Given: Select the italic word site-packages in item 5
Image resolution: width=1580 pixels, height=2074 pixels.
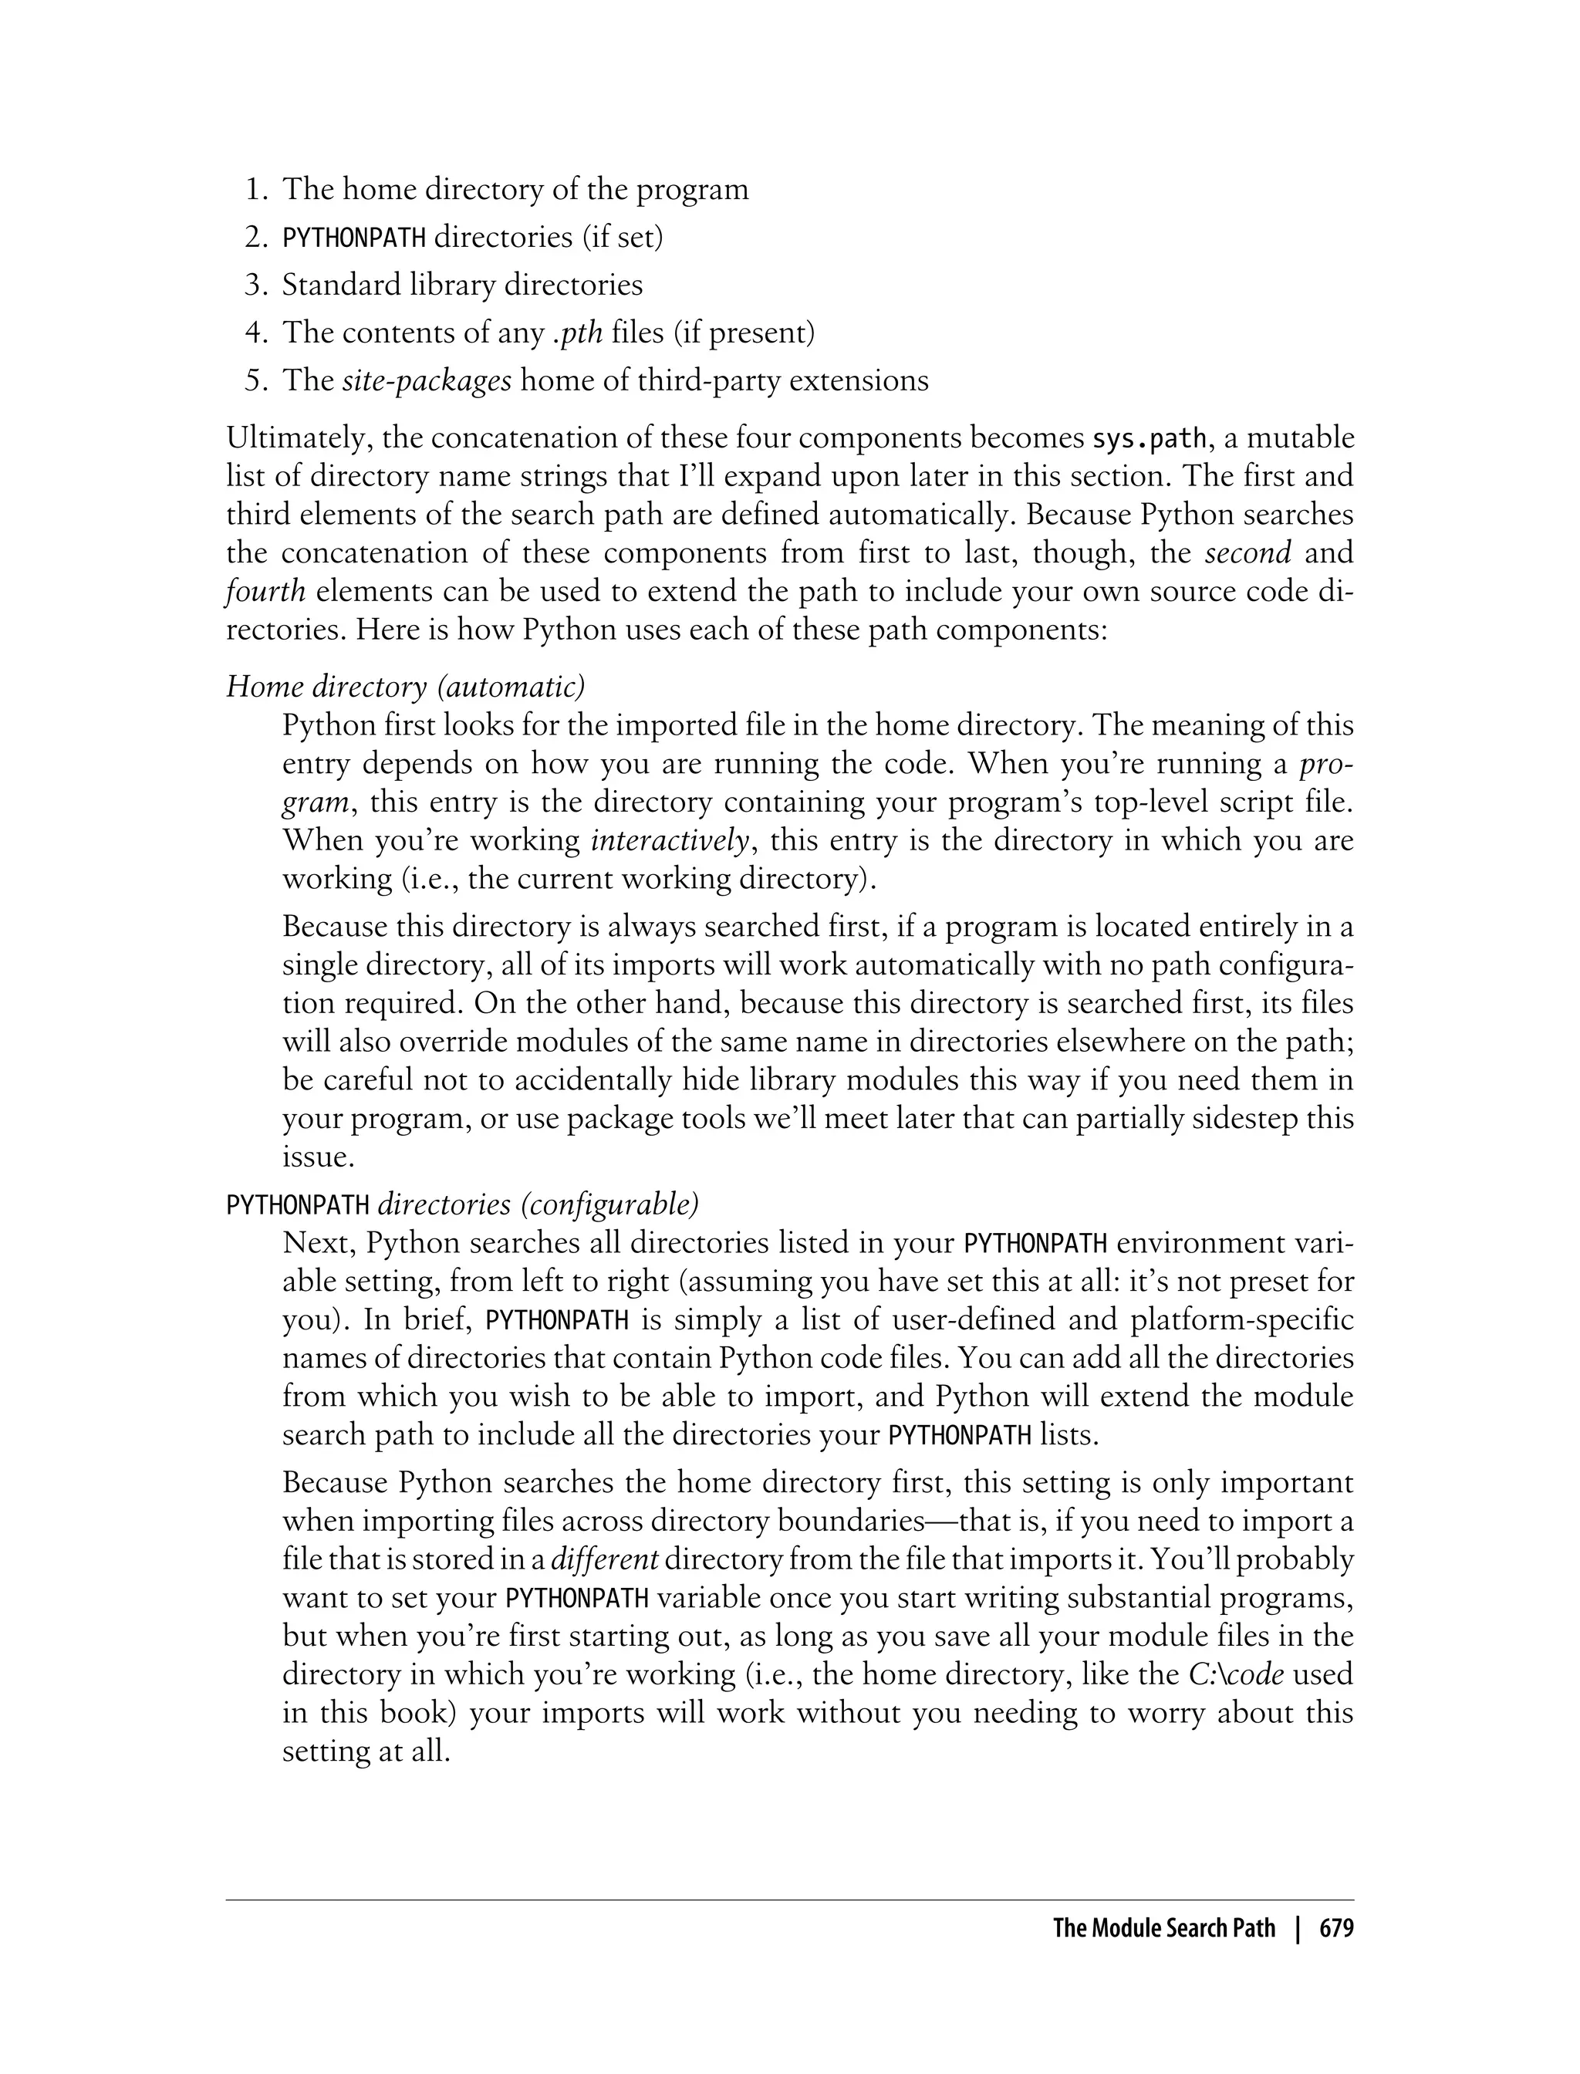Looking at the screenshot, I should point(426,381).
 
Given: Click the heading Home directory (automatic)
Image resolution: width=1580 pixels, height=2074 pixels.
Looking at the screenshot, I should point(405,687).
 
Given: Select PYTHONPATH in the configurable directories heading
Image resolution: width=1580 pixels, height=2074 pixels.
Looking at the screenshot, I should point(298,1205).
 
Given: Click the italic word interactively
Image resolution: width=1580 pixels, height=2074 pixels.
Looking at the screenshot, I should point(669,840).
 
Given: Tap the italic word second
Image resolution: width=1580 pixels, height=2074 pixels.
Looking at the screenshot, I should point(1248,553).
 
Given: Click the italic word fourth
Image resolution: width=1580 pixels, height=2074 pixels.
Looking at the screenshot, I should point(266,592).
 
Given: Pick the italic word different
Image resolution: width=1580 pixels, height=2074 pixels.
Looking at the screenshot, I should point(604,1559).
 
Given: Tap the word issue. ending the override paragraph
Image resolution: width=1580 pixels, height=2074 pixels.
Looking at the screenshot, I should point(318,1157).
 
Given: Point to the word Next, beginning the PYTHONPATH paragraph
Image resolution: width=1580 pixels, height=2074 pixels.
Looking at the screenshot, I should point(317,1244).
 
